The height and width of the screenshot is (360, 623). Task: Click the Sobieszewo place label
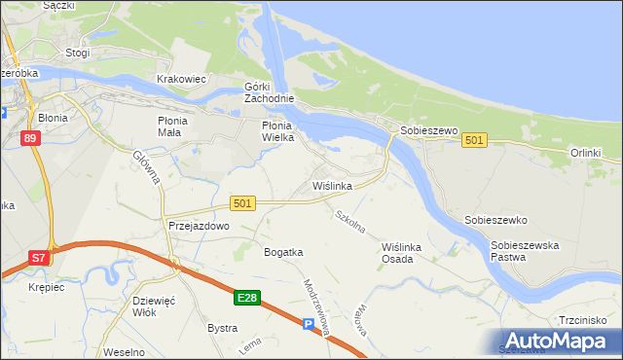(424, 130)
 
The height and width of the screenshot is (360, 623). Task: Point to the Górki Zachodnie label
(269, 93)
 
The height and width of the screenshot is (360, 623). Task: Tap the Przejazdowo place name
(199, 226)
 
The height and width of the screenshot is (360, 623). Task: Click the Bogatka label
(283, 252)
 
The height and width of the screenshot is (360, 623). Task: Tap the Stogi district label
(77, 54)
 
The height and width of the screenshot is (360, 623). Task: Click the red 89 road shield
(30, 139)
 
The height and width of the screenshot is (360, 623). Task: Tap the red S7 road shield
(38, 258)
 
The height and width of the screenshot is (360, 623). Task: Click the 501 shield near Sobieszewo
(474, 141)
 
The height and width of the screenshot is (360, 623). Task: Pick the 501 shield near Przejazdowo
(243, 203)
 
